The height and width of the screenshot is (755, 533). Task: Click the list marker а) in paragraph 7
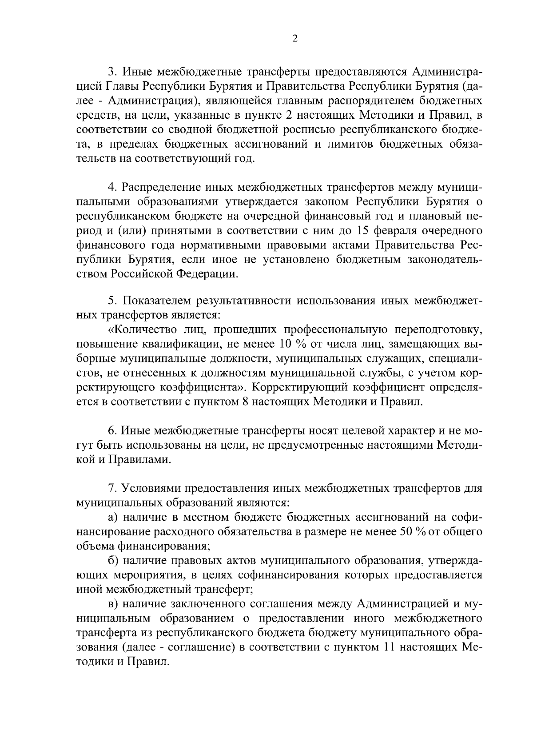[113, 517]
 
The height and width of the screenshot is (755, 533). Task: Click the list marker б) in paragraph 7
[113, 561]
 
